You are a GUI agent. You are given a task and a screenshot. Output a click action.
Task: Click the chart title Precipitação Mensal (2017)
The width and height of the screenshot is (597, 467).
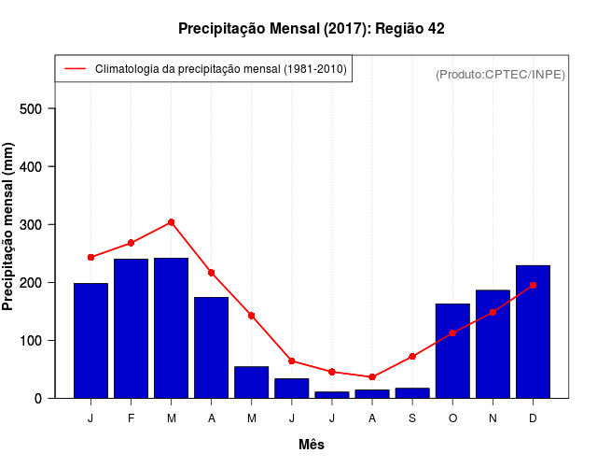tap(311, 29)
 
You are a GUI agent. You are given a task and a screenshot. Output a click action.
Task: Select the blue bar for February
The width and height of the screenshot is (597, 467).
tap(131, 328)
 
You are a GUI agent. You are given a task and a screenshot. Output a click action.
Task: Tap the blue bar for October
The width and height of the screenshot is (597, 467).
tap(452, 350)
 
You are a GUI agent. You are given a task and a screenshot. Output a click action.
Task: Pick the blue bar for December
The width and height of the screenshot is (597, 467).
tap(533, 332)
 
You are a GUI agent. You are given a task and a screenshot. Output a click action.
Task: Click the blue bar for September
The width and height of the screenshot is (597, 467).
tap(412, 392)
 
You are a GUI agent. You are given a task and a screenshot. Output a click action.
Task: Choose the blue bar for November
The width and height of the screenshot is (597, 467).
tap(493, 344)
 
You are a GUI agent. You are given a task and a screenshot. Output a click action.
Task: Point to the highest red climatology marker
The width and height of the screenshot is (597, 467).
tap(172, 222)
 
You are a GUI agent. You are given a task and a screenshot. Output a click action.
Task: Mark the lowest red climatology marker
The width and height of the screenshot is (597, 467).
tap(372, 376)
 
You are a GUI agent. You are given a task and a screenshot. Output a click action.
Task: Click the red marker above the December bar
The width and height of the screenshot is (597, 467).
tap(533, 285)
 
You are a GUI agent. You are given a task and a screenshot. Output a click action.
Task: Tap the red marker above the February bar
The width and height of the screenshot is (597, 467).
tap(131, 243)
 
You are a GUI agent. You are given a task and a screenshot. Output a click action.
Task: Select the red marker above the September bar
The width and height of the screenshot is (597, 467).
tap(412, 356)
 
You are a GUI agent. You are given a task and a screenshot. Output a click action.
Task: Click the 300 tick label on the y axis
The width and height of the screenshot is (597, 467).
tap(35, 224)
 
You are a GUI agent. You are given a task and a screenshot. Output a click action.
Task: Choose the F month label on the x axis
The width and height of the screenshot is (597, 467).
tap(131, 418)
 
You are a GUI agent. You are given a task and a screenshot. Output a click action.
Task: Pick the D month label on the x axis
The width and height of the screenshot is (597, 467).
tap(533, 418)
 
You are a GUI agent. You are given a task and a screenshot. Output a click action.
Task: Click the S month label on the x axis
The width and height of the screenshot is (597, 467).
tap(412, 418)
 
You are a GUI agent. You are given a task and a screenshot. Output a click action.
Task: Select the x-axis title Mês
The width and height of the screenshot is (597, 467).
tap(312, 445)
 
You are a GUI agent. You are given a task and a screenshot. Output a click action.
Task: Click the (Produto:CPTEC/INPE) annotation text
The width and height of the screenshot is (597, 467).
tap(500, 74)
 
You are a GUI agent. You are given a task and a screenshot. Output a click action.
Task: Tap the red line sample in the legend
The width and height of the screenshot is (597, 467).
tap(75, 69)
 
